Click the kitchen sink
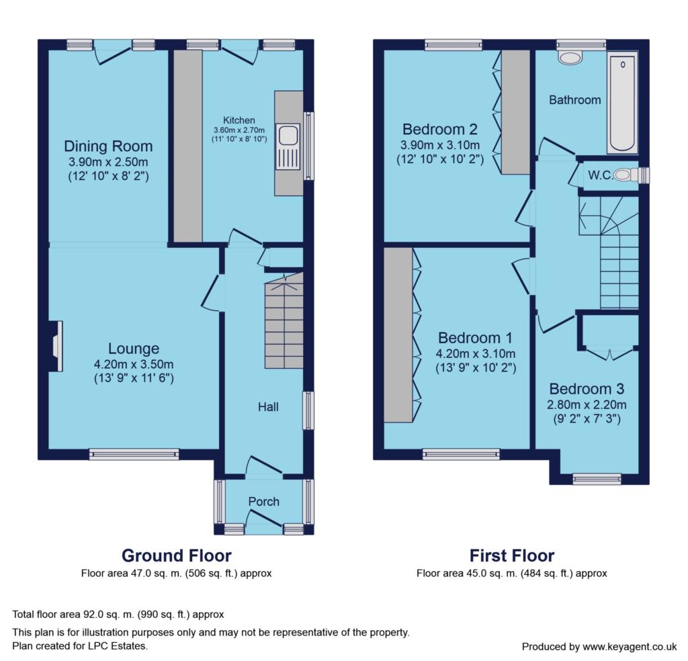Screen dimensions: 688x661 pos(288,146)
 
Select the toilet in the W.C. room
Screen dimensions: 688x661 pos(626,175)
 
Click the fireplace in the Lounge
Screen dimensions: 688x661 pos(56,347)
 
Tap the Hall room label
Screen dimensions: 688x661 pos(268,407)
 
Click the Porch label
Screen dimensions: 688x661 pos(263,501)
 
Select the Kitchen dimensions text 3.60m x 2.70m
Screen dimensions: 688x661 pos(239,130)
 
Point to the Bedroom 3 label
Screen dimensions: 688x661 pos(587,389)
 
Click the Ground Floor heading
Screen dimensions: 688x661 pos(177,556)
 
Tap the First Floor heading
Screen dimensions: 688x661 pos(512,556)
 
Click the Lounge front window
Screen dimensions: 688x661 pos(134,454)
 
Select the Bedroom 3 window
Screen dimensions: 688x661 pos(597,479)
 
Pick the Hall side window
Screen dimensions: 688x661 pos(309,410)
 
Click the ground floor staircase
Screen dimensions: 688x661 pos(284,320)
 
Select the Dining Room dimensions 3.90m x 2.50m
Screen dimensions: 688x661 pos(108,162)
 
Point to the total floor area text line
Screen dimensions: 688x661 pos(118,615)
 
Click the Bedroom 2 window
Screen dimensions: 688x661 pos(454,45)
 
